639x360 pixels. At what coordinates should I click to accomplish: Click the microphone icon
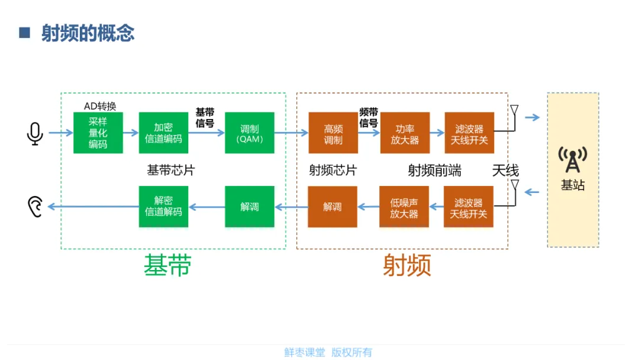pos(35,133)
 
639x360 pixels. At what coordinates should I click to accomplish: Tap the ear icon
pos(35,207)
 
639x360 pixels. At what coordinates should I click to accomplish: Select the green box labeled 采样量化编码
pos(98,133)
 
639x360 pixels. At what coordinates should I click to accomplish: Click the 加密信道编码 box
pos(163,133)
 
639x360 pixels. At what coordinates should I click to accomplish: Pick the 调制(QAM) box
pos(250,133)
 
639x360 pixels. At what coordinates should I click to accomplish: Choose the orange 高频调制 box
pos(333,133)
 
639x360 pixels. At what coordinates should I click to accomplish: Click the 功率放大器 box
pos(404,133)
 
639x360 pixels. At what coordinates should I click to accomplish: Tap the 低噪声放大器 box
pos(404,207)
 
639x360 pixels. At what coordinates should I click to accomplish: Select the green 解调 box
pos(250,207)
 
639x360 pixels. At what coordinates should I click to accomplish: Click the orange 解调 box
pos(333,207)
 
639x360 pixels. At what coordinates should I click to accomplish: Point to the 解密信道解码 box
pos(163,207)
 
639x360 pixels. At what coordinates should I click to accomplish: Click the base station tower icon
pos(573,159)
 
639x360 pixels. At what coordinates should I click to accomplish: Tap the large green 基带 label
pos(167,266)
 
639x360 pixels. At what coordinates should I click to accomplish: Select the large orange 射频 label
pos(406,266)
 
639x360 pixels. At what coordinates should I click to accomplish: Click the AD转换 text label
pos(100,106)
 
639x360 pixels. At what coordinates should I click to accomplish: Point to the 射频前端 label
pos(434,171)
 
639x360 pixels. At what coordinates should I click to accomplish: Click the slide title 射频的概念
pos(88,33)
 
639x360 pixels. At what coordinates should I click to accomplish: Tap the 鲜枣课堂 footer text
pos(305,352)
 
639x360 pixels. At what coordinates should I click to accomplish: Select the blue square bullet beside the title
pos(24,33)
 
